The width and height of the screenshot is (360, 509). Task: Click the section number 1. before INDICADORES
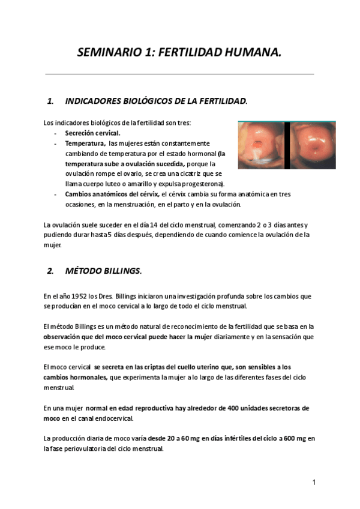50,101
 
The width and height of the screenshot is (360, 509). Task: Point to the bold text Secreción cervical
92,133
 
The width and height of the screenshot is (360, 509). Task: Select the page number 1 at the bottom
313,482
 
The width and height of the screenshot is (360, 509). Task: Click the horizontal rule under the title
179,74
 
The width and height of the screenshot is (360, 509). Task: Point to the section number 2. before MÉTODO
50,271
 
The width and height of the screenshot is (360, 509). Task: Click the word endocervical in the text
112,418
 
